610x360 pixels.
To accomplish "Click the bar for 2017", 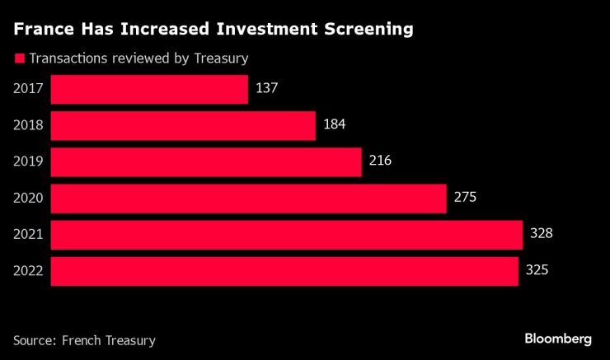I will point(149,90).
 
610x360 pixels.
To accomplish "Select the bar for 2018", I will point(183,126).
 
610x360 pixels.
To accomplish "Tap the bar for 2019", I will point(206,162).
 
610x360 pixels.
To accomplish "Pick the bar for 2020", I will point(248,199).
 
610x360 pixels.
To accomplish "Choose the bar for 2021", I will point(286,235).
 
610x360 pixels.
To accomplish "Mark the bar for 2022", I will point(284,271).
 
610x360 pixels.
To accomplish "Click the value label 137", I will point(267,88).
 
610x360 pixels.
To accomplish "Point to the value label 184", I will point(334,124).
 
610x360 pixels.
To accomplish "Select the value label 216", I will point(380,161).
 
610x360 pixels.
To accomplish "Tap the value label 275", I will point(465,197).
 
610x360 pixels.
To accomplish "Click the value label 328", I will point(541,233).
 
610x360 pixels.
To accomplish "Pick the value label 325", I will point(537,269).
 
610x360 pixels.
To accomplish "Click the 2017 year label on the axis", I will point(28,89).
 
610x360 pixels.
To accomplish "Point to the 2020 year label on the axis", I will point(28,198).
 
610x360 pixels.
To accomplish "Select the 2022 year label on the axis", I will point(28,270).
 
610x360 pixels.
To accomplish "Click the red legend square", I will point(18,58).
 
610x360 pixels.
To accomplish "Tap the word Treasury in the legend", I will point(218,58).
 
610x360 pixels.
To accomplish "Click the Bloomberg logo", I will point(558,339).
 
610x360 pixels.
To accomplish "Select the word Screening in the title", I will point(361,30).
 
